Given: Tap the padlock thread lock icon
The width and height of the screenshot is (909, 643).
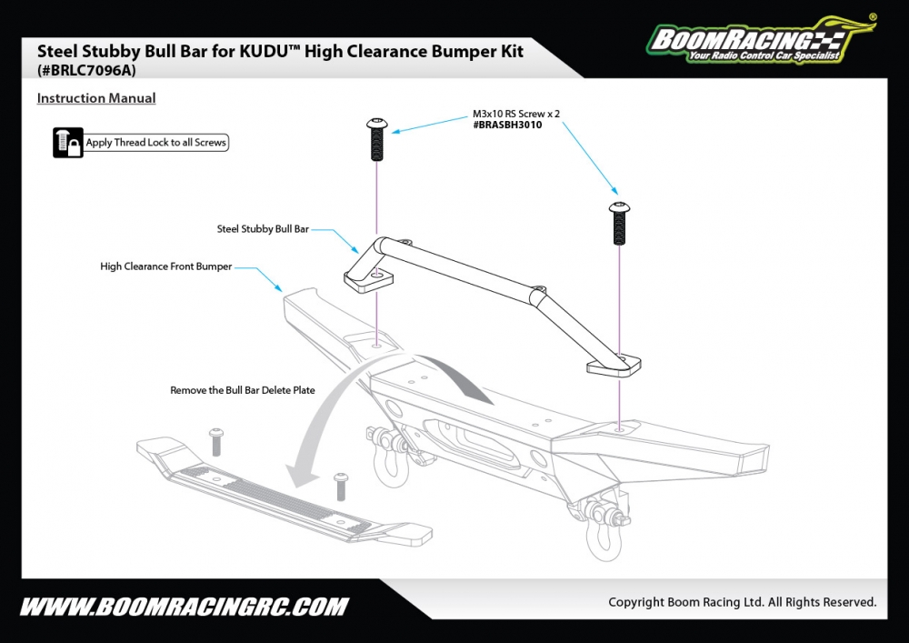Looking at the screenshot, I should coord(68,143).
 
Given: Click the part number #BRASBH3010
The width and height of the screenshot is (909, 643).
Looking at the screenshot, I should coord(507,125).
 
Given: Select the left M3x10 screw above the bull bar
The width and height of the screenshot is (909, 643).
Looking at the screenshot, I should coord(376,138).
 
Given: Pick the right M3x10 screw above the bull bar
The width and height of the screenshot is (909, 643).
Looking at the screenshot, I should coord(618,224).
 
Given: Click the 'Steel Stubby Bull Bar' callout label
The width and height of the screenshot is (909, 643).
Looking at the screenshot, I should coord(263,229).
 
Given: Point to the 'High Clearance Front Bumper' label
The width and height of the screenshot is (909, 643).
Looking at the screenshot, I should coord(165,266).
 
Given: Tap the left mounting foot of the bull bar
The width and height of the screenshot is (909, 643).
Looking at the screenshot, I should coord(367,277).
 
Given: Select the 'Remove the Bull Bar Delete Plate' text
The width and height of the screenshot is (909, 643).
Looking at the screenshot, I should coord(243,390).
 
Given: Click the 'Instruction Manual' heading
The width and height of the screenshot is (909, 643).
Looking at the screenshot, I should coord(96,98).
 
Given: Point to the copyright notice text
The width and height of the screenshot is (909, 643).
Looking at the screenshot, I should coord(742,602).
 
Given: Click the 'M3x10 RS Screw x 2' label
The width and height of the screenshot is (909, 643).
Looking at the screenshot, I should coord(516,114).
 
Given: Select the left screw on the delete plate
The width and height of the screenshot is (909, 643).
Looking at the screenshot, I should coord(216,442).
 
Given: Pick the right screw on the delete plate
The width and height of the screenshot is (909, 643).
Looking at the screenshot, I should coord(342,486).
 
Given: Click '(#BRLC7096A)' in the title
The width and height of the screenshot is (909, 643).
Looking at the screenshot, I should coord(87,69).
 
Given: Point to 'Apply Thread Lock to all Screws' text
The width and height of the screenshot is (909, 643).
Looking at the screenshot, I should coord(155,143).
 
